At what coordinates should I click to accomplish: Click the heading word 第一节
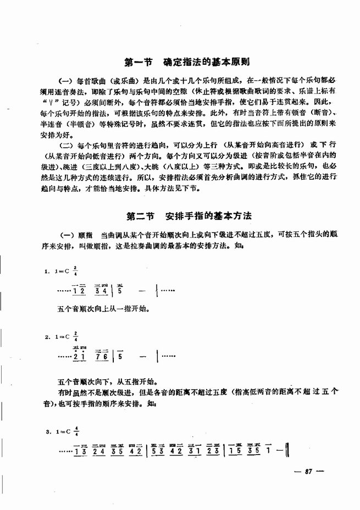click(x=137, y=61)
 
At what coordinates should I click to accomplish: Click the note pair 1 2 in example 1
click(x=79, y=290)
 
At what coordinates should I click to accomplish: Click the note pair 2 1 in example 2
click(x=79, y=357)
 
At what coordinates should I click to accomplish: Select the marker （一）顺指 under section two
click(x=76, y=233)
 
